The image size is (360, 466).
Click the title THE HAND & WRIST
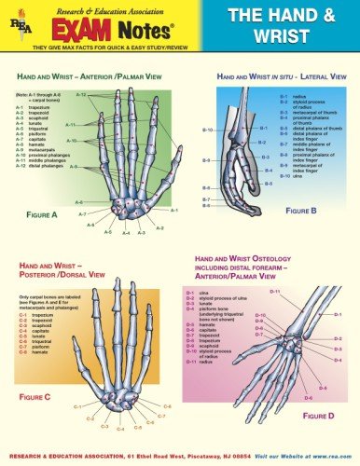coord(270,29)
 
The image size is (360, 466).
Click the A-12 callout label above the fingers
coord(81,95)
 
